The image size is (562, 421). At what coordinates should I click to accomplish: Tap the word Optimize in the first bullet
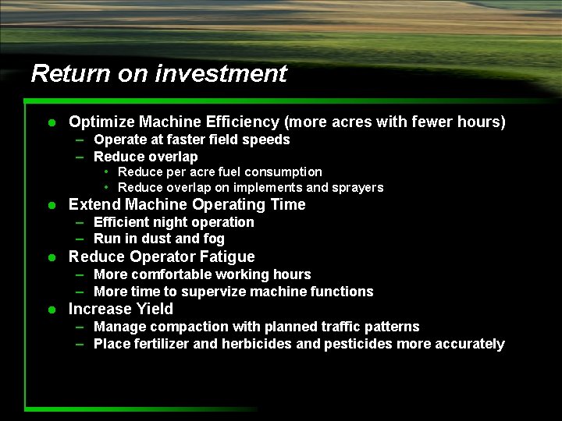(101, 122)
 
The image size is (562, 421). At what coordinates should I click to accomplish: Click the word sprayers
(357, 188)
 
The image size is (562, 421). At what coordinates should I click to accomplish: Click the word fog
(212, 239)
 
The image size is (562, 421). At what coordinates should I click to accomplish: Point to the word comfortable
(170, 274)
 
